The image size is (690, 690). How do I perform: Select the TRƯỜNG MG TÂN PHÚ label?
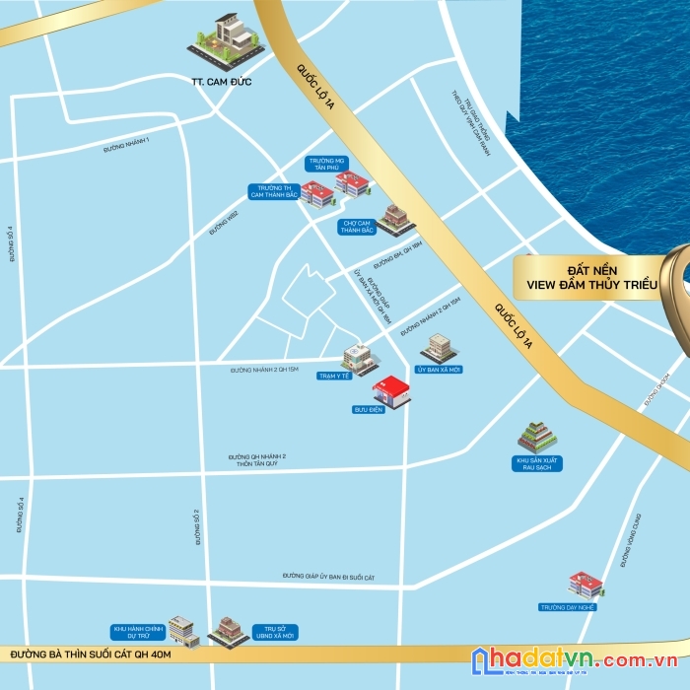326,164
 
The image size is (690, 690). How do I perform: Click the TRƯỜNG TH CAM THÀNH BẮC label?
273,191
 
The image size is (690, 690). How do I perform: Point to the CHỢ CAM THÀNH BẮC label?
357,227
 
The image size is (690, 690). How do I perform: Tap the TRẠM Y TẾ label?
335,376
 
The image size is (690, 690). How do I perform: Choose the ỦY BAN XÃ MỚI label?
439,370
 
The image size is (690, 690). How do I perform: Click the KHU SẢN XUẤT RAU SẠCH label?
537,463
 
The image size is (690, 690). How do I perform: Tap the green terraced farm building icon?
537,436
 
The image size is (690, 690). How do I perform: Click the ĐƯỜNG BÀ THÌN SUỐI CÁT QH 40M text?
91,654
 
